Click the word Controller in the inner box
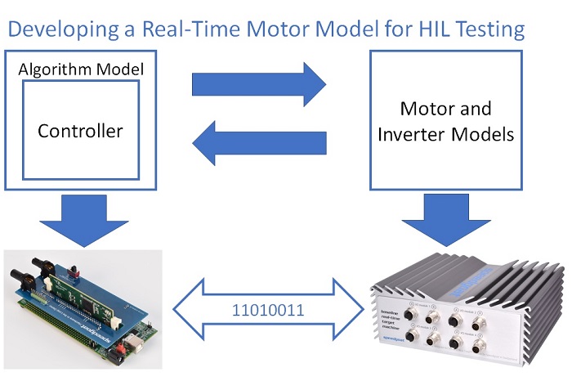point(80,131)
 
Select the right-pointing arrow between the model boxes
point(258,83)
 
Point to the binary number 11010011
point(267,311)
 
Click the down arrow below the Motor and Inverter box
point(446,216)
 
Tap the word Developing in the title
point(56,30)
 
